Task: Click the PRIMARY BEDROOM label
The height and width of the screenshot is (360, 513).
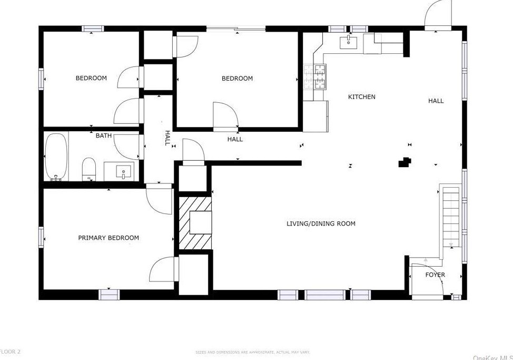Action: pyautogui.click(x=108, y=238)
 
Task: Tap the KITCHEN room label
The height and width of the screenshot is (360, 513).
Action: pyautogui.click(x=362, y=97)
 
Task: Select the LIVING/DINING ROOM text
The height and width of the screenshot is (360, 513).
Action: pyautogui.click(x=321, y=223)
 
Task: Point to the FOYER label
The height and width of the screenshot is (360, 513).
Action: pyautogui.click(x=435, y=275)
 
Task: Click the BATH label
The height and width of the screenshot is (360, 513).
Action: pyautogui.click(x=104, y=135)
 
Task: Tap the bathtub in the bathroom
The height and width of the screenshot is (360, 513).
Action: pyautogui.click(x=56, y=157)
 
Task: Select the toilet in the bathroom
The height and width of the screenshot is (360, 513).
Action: pyautogui.click(x=89, y=169)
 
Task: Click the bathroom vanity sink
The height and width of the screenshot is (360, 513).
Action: pyautogui.click(x=123, y=171)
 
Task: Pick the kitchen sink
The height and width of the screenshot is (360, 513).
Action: pyautogui.click(x=348, y=42)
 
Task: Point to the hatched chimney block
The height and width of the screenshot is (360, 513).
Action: pyautogui.click(x=195, y=222)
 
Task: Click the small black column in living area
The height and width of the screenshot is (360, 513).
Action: pyautogui.click(x=405, y=162)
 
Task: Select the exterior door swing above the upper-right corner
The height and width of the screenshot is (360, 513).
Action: pyautogui.click(x=438, y=13)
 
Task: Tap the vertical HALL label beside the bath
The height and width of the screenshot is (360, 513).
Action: pyautogui.click(x=167, y=138)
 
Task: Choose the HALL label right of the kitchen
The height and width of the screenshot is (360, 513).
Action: pyautogui.click(x=436, y=101)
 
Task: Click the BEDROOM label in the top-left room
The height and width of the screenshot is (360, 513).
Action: pyautogui.click(x=91, y=78)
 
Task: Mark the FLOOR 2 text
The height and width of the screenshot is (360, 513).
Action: pyautogui.click(x=11, y=351)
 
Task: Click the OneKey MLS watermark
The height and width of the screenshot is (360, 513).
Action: pyautogui.click(x=492, y=357)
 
